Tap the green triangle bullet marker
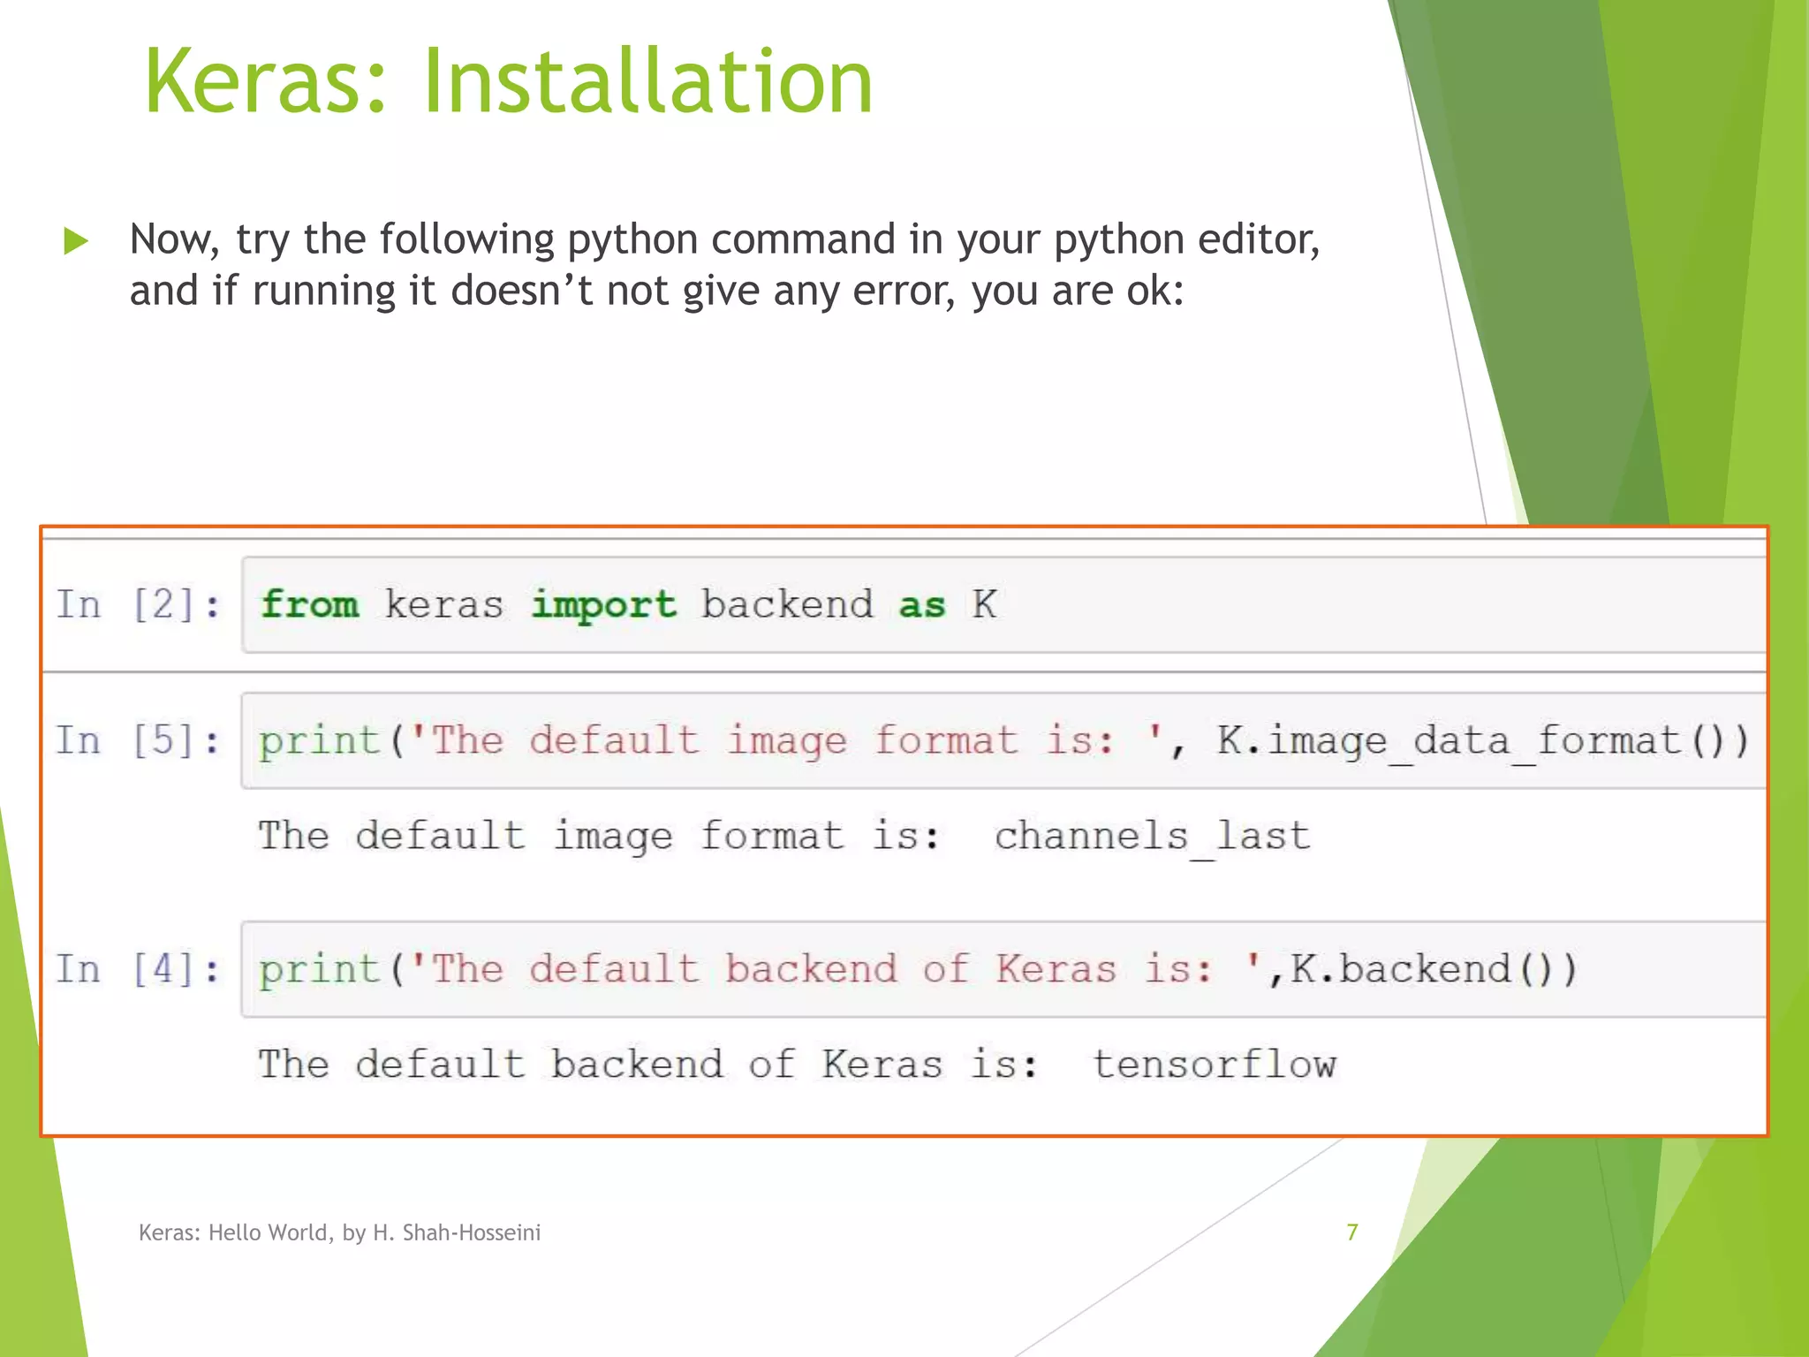[77, 240]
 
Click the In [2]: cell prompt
[139, 605]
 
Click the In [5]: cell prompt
[139, 740]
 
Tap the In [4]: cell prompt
[139, 969]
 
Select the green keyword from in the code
[310, 605]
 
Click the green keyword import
[603, 605]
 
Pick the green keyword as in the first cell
[921, 605]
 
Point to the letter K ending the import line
[985, 605]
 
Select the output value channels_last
[1152, 836]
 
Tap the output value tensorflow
[1214, 1065]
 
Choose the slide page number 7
[1351, 1232]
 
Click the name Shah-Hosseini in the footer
[471, 1232]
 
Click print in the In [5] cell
[319, 740]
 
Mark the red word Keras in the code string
[1056, 969]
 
